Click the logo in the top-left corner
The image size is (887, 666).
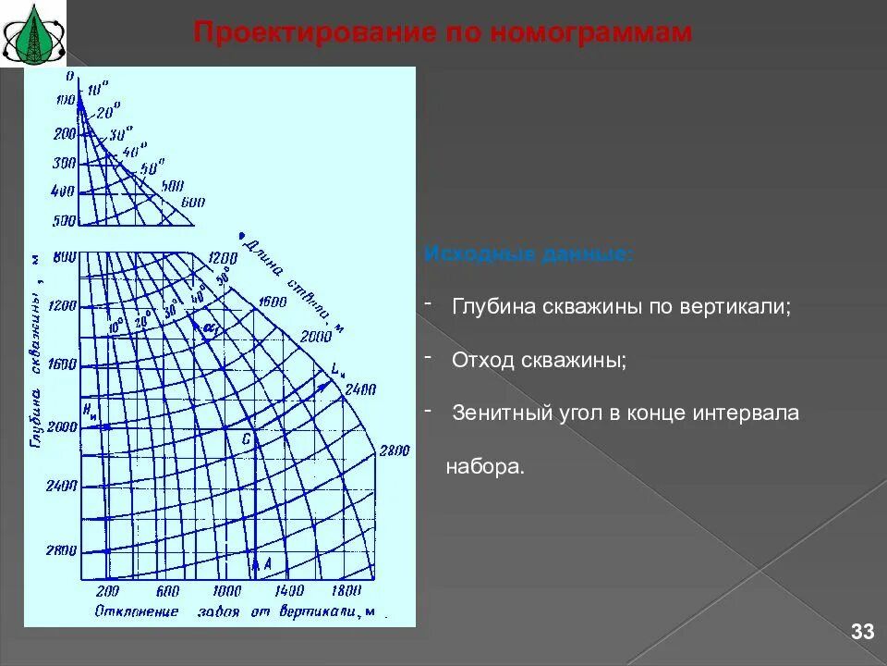[x=33, y=33]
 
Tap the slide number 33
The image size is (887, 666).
[x=862, y=632]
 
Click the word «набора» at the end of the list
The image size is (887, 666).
[x=483, y=467]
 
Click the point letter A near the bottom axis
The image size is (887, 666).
[x=268, y=562]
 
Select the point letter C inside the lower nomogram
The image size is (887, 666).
[x=246, y=440]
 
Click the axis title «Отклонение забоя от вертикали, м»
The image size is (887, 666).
[x=237, y=612]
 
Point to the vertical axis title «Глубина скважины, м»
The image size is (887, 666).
[x=37, y=351]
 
